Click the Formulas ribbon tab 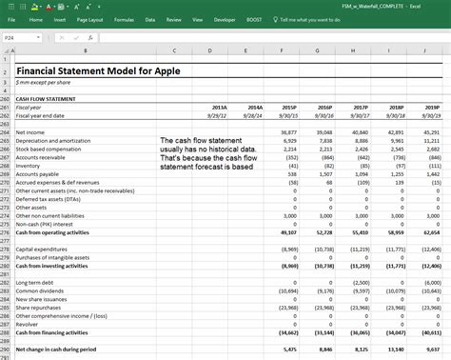coord(124,19)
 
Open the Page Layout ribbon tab coord(90,19)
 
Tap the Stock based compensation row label coord(47,149)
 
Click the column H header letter coord(354,50)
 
